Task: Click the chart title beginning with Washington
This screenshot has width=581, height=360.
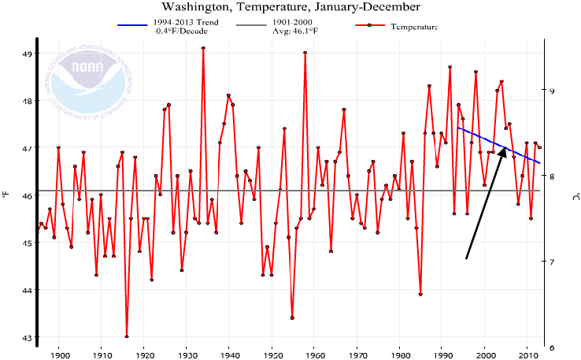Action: (x=290, y=7)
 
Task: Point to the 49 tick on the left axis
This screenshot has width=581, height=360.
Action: (x=26, y=54)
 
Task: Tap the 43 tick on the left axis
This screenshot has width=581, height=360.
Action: (x=26, y=338)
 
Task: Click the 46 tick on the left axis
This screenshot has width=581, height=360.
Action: (x=26, y=195)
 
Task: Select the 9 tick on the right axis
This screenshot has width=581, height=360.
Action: (x=552, y=91)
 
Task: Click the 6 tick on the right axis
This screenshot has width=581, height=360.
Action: (x=552, y=347)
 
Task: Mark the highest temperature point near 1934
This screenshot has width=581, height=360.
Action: (x=203, y=48)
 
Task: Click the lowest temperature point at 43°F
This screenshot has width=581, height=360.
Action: (x=127, y=337)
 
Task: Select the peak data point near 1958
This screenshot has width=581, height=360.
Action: (x=305, y=53)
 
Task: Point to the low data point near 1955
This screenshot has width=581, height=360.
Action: (x=292, y=317)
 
